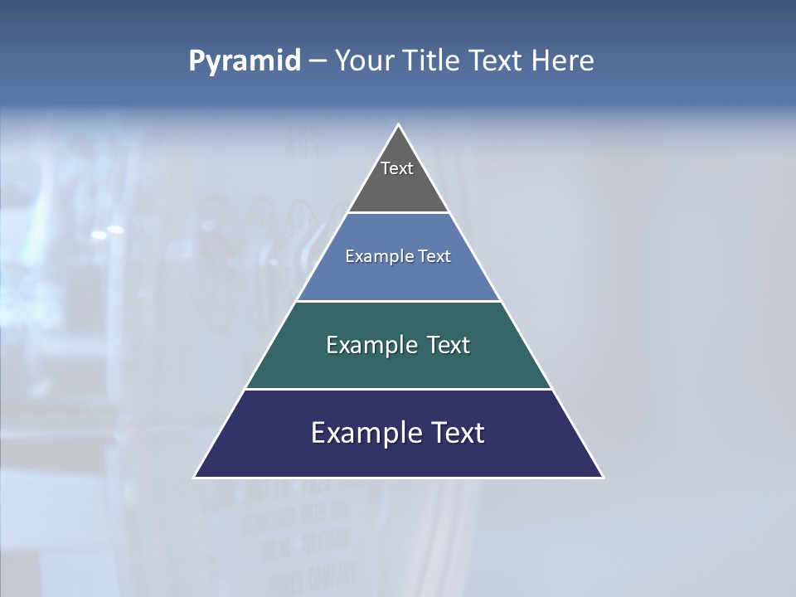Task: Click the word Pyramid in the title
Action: [244, 61]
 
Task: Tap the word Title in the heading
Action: [430, 61]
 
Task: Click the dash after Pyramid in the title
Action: [317, 61]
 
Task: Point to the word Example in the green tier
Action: [372, 346]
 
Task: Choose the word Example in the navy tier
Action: [366, 433]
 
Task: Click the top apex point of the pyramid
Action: [399, 125]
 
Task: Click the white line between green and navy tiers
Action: [398, 389]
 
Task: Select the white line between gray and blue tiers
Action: [398, 213]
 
